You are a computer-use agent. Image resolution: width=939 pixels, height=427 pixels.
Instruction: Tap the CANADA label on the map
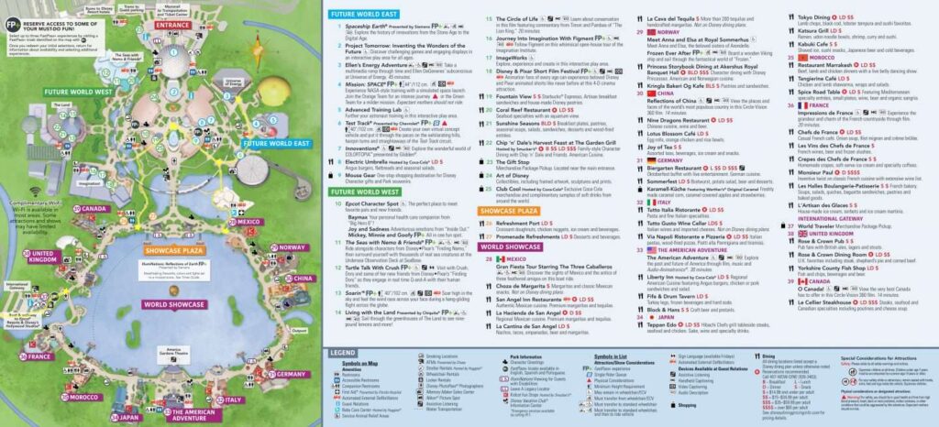[92, 209]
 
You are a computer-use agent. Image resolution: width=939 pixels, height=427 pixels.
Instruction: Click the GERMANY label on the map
[292, 375]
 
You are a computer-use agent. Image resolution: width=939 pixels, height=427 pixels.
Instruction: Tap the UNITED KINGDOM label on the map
[42, 257]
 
